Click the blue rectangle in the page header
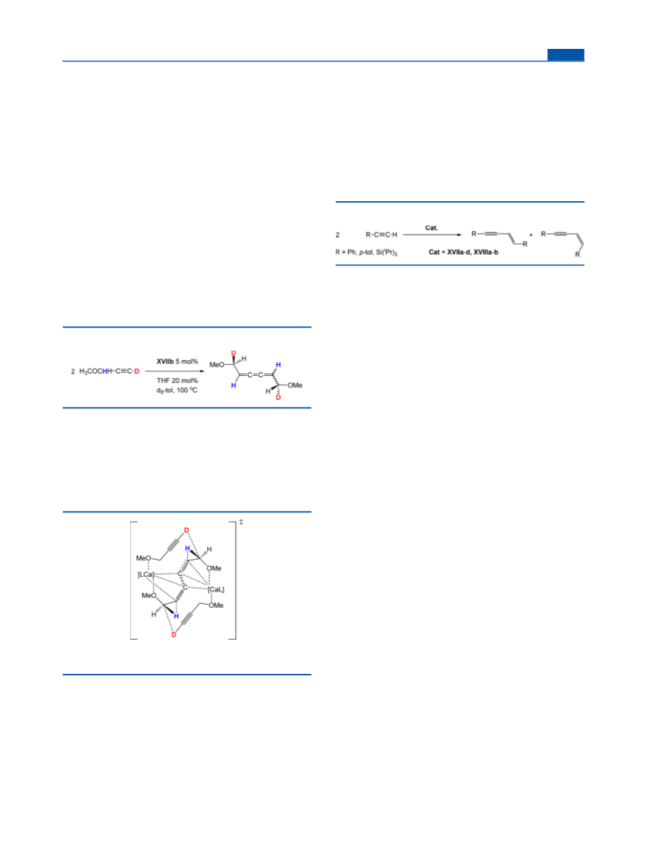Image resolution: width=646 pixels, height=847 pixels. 565,54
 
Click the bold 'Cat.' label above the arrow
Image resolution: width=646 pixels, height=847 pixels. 432,228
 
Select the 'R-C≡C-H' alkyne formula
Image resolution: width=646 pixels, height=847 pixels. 382,235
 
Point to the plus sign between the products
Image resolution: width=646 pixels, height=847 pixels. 531,235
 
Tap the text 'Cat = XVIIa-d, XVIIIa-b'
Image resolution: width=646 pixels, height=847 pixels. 464,252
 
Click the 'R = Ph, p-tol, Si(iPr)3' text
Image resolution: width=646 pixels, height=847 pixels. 367,253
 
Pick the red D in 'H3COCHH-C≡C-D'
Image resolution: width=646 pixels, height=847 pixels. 136,371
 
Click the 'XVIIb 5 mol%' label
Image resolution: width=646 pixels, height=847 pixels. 177,361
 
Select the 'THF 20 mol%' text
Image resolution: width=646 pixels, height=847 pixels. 177,380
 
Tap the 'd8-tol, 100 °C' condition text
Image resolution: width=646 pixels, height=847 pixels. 177,390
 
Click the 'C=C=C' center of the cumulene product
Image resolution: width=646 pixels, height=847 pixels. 255,374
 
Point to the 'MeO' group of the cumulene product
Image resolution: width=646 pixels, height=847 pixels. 216,365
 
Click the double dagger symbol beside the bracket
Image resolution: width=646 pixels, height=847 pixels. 241,522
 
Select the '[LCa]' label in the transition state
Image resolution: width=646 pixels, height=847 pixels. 146,575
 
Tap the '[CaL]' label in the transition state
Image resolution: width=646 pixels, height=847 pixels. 216,589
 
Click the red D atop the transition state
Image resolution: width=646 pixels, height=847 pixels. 187,530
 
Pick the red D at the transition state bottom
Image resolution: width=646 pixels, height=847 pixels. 174,634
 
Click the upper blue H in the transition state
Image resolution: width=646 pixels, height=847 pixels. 188,548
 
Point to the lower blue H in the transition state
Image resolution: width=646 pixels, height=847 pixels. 176,616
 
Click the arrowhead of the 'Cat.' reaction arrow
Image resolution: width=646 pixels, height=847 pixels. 459,235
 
